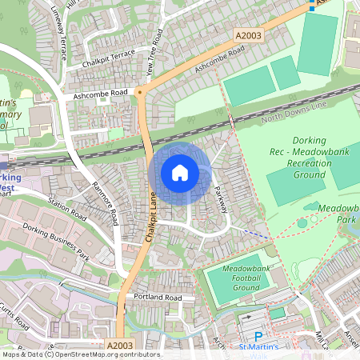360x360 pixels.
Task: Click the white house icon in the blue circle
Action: [x=180, y=173]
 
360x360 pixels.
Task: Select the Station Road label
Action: [x=66, y=210]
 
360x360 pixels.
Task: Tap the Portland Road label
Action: [x=157, y=298]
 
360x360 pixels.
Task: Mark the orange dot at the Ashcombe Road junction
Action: [x=139, y=92]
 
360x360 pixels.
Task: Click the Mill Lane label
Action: [x=322, y=331]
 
